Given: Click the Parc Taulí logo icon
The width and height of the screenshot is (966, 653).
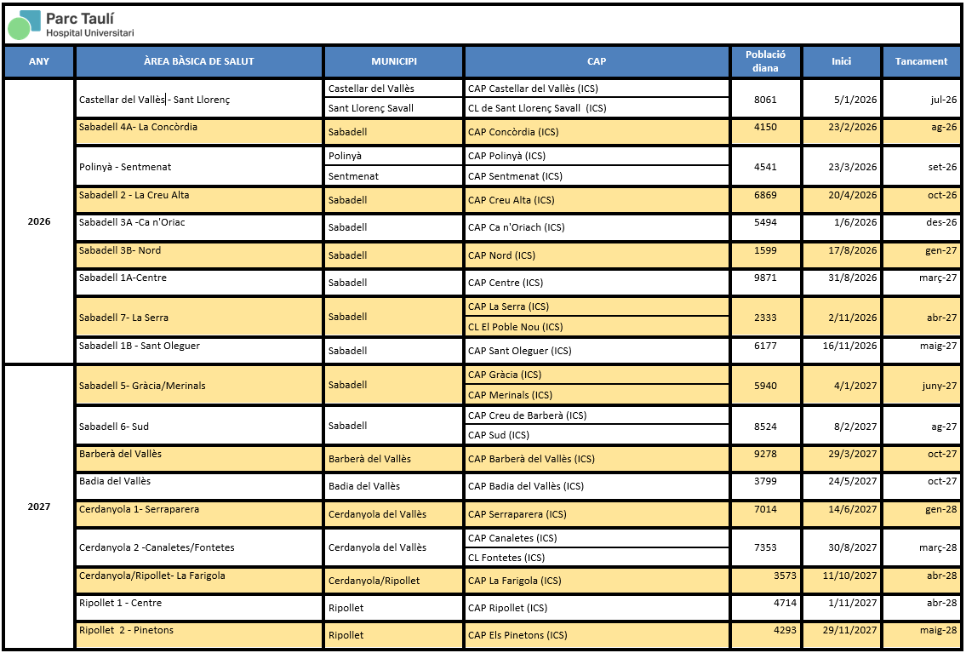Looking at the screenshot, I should (24, 24).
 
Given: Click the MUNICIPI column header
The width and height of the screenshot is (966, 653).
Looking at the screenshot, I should (393, 61).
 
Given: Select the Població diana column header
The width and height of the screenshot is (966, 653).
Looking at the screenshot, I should (765, 61).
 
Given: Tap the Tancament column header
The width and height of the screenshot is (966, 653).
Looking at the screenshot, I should (921, 61).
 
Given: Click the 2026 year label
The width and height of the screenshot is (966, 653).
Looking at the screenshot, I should (39, 221).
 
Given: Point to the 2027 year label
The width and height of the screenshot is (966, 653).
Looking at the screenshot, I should (39, 507).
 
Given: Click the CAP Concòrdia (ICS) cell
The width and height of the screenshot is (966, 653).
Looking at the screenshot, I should (512, 132).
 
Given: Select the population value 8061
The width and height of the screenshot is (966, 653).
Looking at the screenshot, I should (765, 99).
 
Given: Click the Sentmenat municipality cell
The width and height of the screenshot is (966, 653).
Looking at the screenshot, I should (353, 176).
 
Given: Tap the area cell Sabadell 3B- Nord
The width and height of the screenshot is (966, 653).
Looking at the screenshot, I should (120, 251).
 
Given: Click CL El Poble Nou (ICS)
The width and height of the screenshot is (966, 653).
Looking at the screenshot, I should (515, 327).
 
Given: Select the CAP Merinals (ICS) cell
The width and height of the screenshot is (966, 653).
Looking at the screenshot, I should (510, 395).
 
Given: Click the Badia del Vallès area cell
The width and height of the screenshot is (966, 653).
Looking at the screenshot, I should (115, 481).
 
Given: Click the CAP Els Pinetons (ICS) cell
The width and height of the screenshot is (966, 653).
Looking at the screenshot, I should (517, 635).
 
